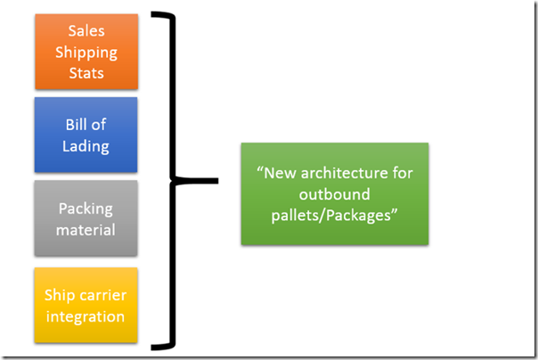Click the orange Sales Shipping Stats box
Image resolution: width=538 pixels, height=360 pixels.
(86, 51)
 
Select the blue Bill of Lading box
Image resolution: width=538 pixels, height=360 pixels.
(86, 135)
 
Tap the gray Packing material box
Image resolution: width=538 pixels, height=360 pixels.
(86, 218)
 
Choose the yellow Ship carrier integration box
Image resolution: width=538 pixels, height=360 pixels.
(86, 305)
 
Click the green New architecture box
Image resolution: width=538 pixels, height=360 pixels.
(334, 193)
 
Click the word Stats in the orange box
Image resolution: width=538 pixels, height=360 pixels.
(86, 71)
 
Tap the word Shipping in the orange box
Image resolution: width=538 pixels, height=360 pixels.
(86, 52)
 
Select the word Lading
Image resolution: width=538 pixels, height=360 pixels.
(86, 145)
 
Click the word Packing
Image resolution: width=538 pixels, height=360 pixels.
(86, 209)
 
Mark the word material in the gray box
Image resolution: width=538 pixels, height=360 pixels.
(86, 229)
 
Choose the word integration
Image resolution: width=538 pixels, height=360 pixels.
(86, 315)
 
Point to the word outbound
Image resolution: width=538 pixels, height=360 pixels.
(335, 193)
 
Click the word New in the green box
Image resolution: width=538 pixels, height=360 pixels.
(280, 173)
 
